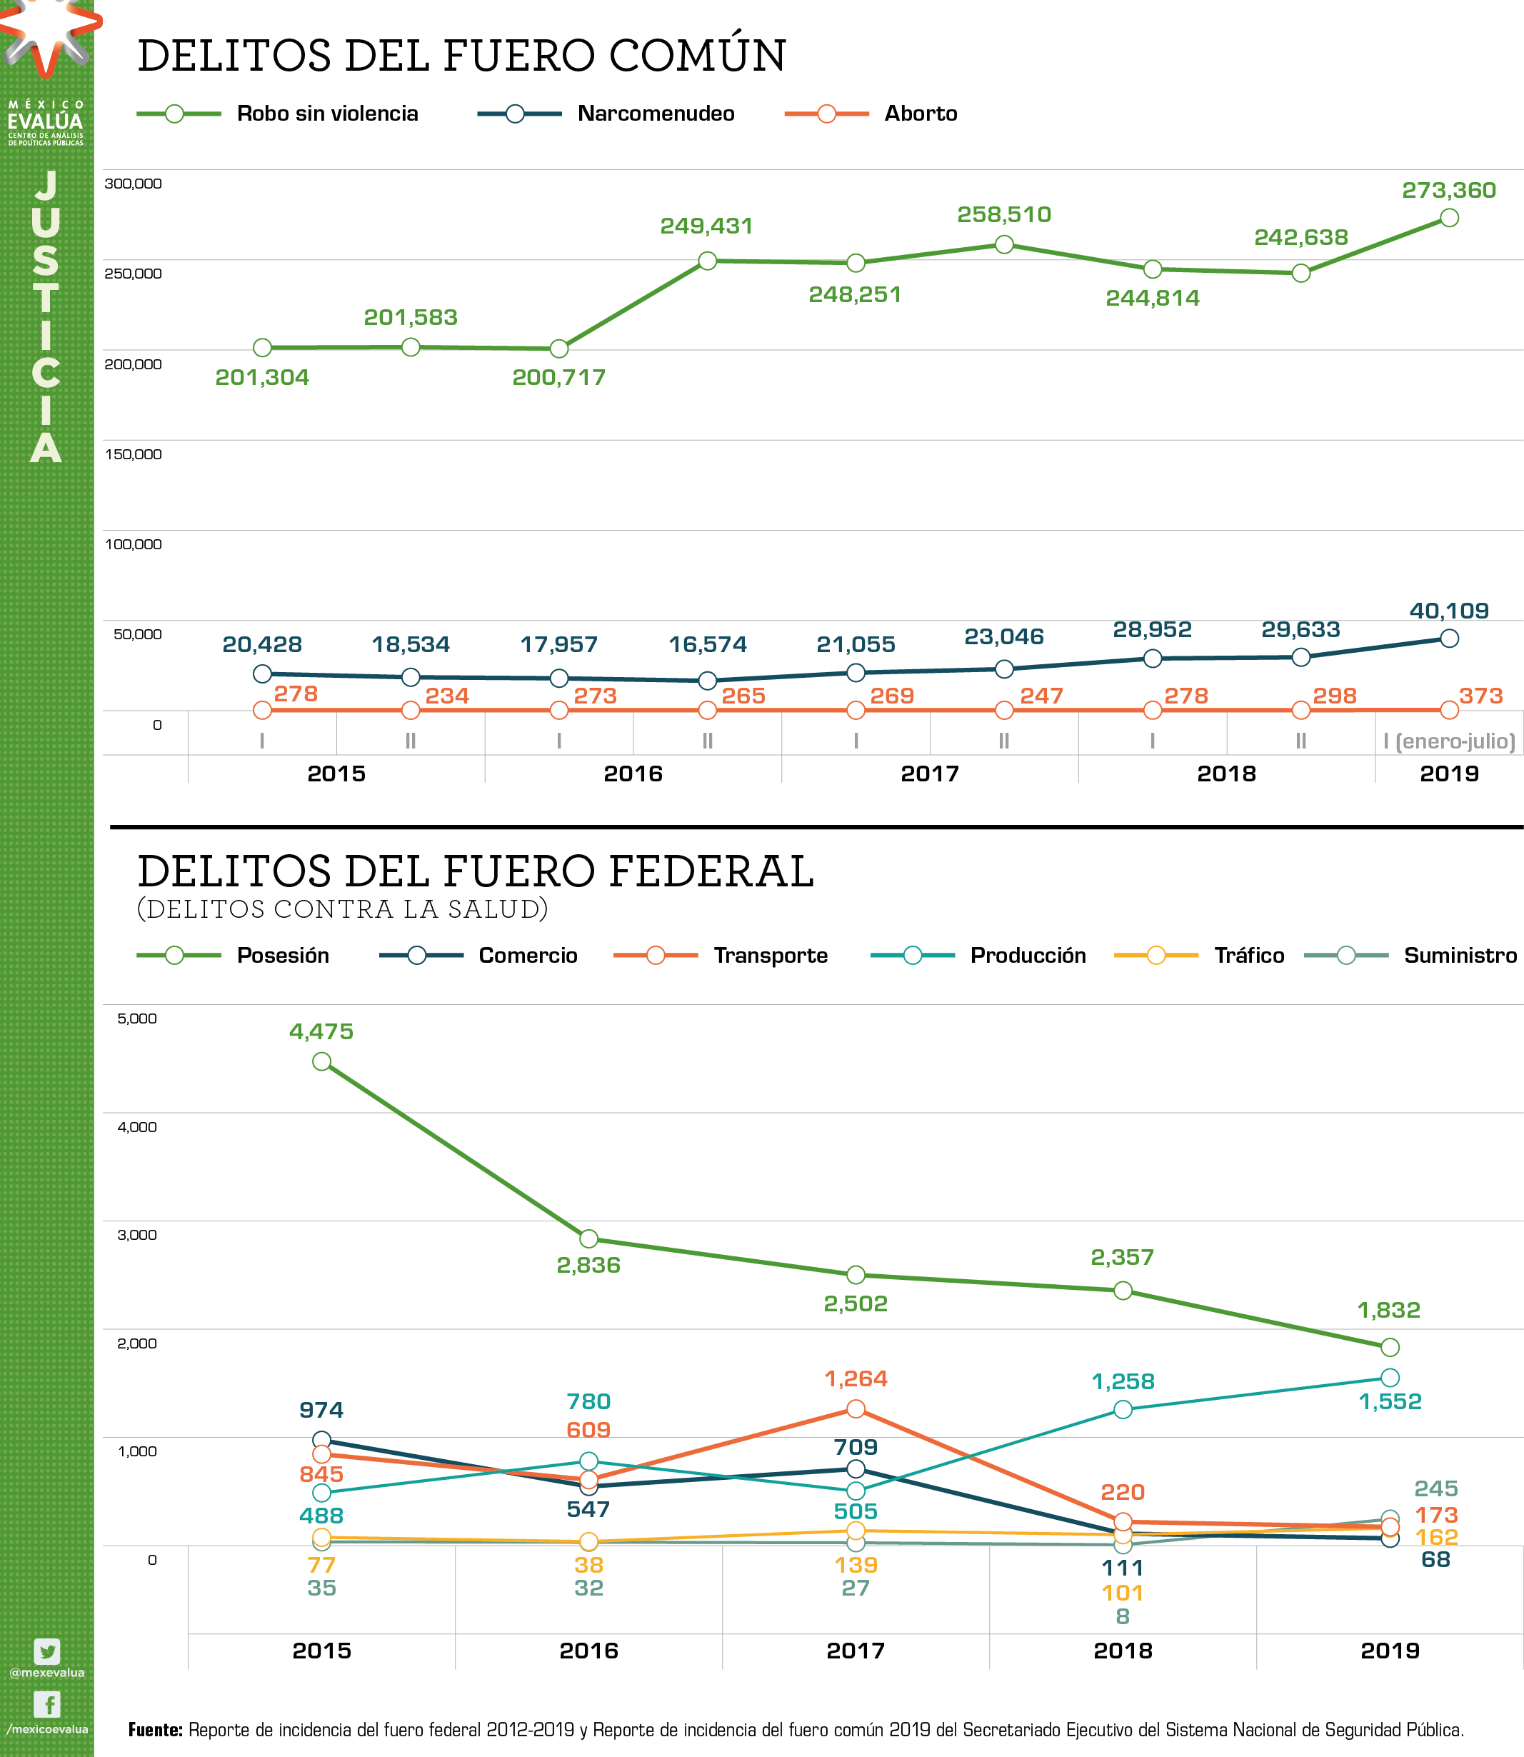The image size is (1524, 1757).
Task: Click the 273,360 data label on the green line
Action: click(1448, 191)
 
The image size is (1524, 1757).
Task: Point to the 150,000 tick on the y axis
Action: click(134, 454)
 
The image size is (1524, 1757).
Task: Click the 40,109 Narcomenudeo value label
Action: click(1448, 611)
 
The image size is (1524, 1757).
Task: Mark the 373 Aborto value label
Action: click(1480, 696)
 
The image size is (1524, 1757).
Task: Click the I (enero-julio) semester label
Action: click(1448, 741)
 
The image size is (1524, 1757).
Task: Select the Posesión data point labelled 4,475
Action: click(321, 1061)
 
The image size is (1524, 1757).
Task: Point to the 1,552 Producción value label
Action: click(1390, 1401)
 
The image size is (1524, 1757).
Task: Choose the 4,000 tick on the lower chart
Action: click(137, 1127)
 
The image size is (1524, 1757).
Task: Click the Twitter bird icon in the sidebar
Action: click(46, 1651)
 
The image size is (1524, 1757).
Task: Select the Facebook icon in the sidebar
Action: click(46, 1704)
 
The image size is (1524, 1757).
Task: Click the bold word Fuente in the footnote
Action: click(155, 1730)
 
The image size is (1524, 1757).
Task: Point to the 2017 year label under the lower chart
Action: click(856, 1651)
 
